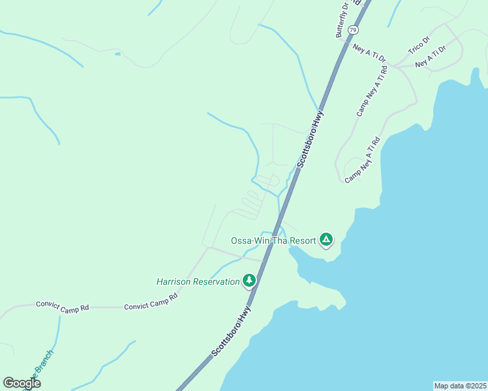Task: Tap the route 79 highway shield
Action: pyautogui.click(x=353, y=31)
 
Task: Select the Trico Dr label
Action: pyautogui.click(x=419, y=45)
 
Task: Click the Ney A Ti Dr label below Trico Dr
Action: pyautogui.click(x=430, y=57)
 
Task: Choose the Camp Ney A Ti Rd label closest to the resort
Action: pyautogui.click(x=362, y=160)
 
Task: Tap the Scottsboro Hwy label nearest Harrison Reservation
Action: pyautogui.click(x=232, y=332)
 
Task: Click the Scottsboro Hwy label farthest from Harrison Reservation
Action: pyautogui.click(x=311, y=140)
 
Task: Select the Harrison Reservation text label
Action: pyautogui.click(x=198, y=282)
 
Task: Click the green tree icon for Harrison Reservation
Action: pyautogui.click(x=249, y=280)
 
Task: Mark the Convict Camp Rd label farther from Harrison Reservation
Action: pyautogui.click(x=62, y=306)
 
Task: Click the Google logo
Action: pyautogui.click(x=22, y=383)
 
